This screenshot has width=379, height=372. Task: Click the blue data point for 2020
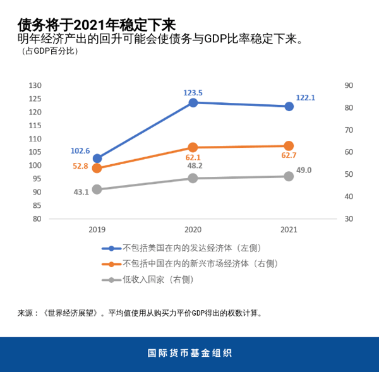(193, 102)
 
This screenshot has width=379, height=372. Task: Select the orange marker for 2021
(289, 146)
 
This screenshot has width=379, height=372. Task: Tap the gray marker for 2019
(97, 189)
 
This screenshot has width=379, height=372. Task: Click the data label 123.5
(193, 92)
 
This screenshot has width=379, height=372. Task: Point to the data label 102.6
(80, 151)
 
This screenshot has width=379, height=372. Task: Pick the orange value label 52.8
(80, 166)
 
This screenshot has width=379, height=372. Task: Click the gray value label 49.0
(304, 170)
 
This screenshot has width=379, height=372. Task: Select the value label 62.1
(193, 157)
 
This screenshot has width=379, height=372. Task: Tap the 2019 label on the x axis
(97, 229)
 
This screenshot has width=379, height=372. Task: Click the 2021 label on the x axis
(289, 229)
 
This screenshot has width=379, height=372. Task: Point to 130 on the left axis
(35, 85)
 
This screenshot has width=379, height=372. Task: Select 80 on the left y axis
(37, 219)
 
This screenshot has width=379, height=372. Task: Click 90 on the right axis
(348, 85)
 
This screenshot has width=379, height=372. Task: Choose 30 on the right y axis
(348, 219)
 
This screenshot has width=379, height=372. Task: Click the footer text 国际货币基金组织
(189, 353)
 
